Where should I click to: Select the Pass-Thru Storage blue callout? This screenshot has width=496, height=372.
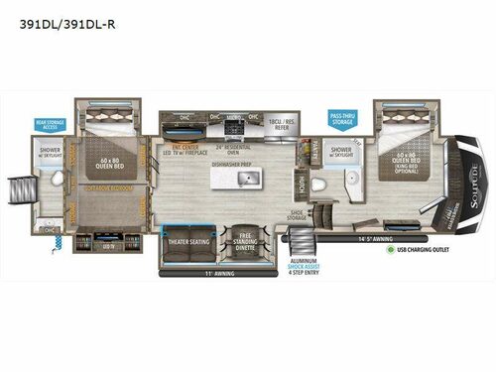341,120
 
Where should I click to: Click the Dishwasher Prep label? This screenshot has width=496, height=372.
233,164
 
